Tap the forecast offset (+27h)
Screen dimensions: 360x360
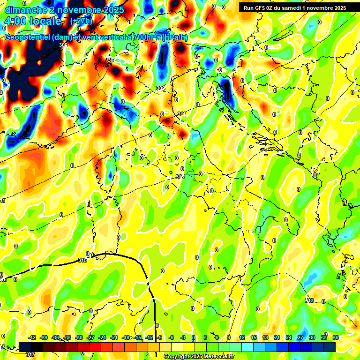tap(81, 21)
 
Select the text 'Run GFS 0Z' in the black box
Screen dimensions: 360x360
tap(259, 7)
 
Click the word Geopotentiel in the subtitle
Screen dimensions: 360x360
tap(28, 37)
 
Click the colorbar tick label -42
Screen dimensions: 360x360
tap(32, 337)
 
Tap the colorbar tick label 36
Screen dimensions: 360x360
tap(336, 337)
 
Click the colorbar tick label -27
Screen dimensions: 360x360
tap(91, 337)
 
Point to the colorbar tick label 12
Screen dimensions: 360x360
tap(242, 337)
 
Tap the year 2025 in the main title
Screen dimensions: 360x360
tap(113, 10)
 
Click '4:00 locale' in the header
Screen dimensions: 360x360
tap(33, 21)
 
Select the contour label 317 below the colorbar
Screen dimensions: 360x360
tap(31, 354)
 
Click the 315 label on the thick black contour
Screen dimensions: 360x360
tap(82, 260)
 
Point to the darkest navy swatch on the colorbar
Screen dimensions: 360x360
tap(330, 347)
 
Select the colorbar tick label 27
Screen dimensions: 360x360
tap(300, 337)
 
